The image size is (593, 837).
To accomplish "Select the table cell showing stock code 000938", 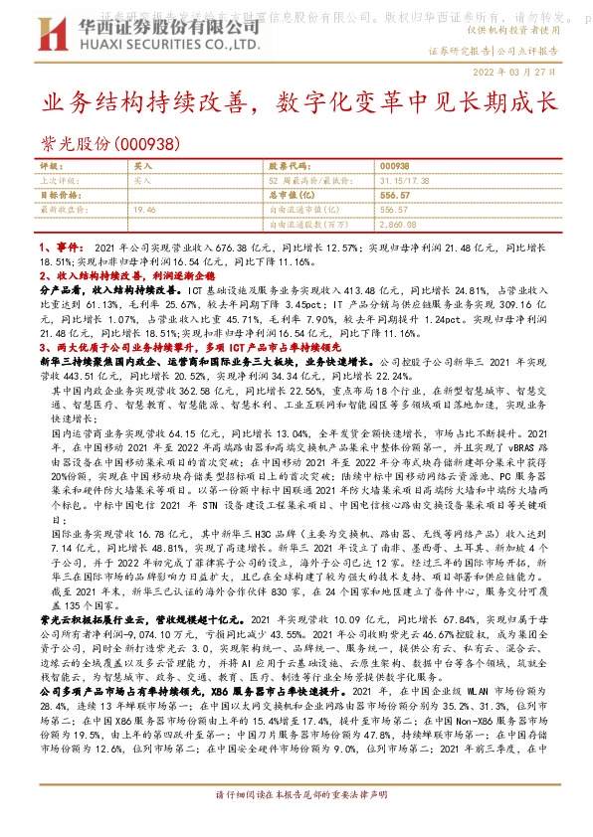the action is click(x=394, y=166).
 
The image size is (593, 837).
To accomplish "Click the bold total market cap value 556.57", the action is click(x=395, y=196).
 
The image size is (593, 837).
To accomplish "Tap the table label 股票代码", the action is click(x=290, y=166).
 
